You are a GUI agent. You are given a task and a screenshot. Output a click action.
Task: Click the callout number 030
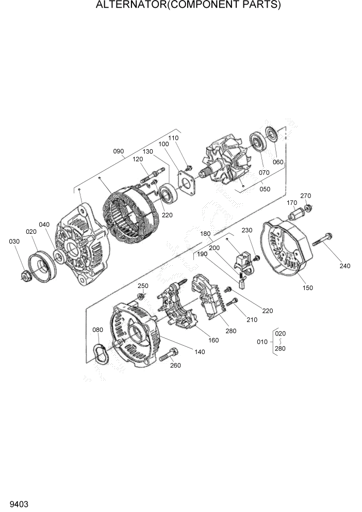pos(14,242)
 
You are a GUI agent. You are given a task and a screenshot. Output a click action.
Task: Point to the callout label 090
pos(119,151)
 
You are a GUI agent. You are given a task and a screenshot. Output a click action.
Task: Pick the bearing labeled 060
pos(272,136)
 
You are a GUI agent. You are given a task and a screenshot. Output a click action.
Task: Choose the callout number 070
pos(265,172)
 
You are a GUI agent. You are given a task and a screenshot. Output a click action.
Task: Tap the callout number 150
pos(307,287)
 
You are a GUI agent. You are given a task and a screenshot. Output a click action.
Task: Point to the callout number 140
pos(200,352)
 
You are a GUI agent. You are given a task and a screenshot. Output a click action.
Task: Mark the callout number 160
pos(213,340)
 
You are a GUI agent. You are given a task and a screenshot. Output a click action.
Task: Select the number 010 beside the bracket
pos(262,342)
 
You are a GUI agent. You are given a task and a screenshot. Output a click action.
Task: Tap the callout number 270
pos(306,196)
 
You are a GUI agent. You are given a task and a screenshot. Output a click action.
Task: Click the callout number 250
pos(143,286)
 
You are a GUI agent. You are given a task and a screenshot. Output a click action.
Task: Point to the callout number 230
pos(247,230)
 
